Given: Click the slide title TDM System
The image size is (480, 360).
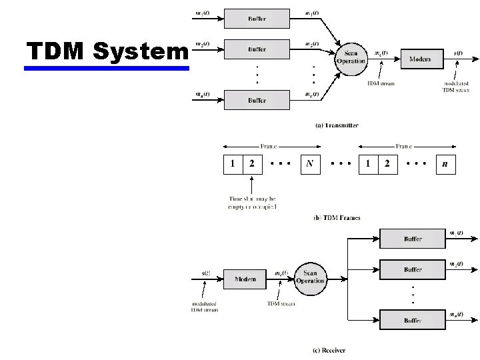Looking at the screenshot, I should point(107,51).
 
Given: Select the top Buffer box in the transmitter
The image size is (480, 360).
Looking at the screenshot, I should point(257,19).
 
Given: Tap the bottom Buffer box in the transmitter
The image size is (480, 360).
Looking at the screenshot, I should point(257,100).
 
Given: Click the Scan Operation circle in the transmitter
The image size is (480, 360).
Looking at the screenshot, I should point(351,57).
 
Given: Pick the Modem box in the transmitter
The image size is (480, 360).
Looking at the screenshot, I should point(419,59).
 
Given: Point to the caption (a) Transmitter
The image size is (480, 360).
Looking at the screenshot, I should point(337,125).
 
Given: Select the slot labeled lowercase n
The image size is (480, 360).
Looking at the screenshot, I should point(445,164).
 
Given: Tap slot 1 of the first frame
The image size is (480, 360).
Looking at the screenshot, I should point(233,164).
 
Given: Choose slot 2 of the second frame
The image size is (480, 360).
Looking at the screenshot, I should point(387,164).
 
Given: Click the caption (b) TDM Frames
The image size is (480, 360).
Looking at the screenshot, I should point(337,218).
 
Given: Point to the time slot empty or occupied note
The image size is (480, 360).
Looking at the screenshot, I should point(253,203).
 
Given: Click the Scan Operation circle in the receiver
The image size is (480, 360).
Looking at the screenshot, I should point(310,277).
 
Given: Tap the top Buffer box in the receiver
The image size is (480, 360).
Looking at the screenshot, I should point(412,238).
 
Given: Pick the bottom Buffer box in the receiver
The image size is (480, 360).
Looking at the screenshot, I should point(412,320).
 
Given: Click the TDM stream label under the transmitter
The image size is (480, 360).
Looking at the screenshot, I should point(381,84).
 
